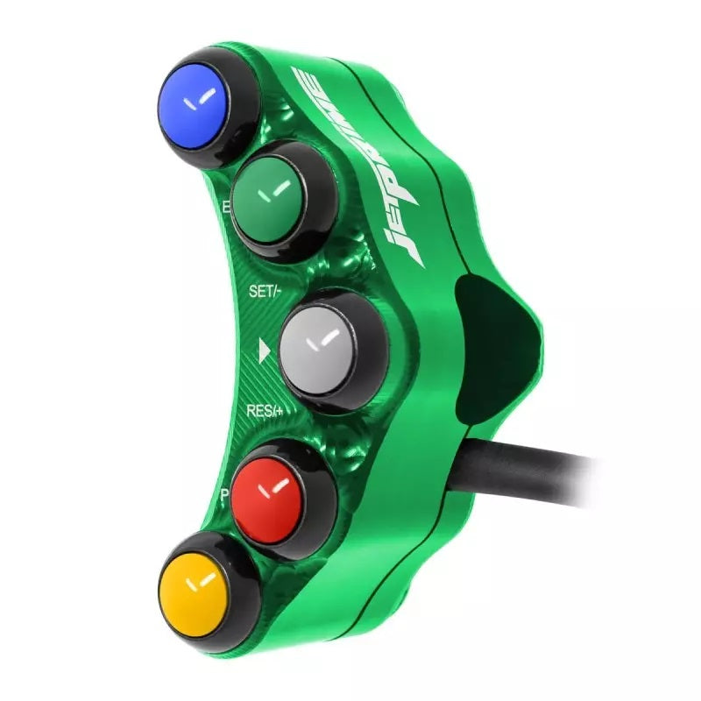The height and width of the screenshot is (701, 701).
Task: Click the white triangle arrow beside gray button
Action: (264, 352)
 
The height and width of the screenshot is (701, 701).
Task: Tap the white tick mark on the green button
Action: (280, 188)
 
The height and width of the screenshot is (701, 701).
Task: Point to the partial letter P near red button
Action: (224, 495)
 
